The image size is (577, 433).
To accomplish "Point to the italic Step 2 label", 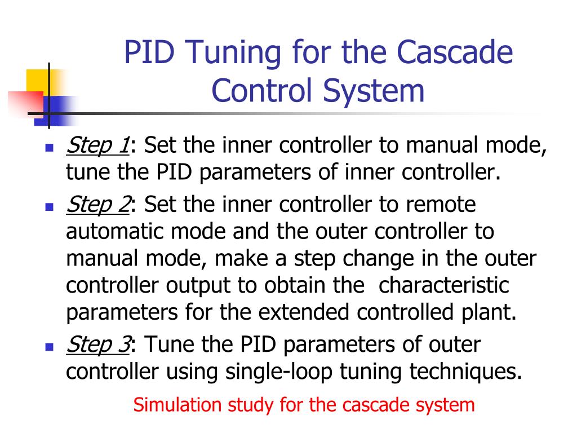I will (97, 204).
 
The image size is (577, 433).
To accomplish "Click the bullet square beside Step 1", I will (48, 148).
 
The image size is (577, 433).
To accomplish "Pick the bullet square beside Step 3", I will (48, 347).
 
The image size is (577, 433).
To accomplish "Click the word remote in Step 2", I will (440, 204).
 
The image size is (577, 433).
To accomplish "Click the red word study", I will (247, 405).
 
